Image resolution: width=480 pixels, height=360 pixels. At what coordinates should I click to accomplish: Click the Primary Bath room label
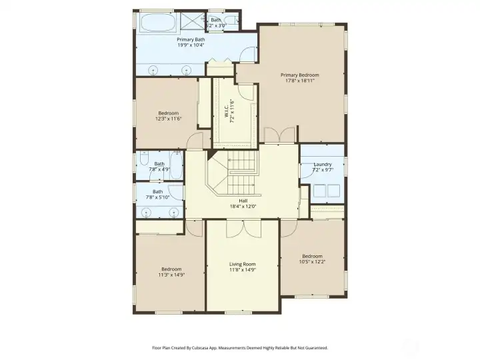[191, 40]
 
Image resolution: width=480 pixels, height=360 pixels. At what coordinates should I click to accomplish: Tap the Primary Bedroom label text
[299, 75]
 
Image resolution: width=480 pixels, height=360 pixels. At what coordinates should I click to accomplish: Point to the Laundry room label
[322, 165]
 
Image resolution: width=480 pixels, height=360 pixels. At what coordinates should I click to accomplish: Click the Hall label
[243, 201]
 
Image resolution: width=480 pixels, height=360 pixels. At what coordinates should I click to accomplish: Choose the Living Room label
[242, 264]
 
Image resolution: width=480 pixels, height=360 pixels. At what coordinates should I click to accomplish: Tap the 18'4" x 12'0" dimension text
[243, 207]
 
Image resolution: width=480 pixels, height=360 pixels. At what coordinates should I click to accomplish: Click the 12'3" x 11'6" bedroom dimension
[169, 119]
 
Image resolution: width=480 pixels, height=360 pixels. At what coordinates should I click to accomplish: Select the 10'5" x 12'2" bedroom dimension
[312, 262]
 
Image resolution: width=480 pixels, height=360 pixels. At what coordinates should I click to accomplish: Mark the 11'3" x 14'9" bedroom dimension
[171, 275]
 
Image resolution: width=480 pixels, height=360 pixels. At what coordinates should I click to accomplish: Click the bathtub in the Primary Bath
[158, 23]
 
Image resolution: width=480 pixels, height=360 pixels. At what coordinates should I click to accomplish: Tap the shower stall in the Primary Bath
[193, 21]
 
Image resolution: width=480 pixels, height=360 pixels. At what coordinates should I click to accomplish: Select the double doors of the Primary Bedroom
[279, 135]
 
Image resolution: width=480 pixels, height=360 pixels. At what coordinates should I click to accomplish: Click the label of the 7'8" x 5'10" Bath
[158, 191]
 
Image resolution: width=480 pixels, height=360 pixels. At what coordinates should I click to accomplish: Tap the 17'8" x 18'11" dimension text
[299, 81]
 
